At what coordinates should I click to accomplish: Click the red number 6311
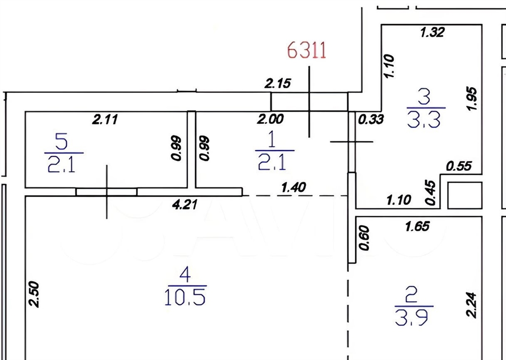306,51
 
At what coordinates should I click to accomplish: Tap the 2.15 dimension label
278,83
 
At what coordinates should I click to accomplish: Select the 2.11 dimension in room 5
105,120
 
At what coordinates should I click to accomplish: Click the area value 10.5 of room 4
185,297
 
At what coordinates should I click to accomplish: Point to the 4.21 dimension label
185,204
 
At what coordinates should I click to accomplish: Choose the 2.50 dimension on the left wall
34,294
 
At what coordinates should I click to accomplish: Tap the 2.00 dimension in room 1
270,119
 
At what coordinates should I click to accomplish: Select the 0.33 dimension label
371,120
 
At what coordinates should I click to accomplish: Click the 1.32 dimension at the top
433,32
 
